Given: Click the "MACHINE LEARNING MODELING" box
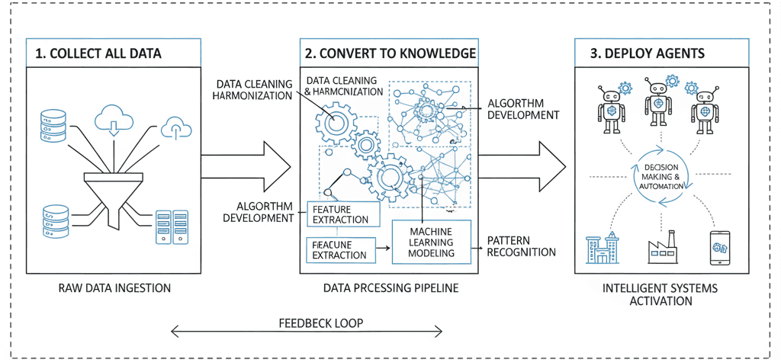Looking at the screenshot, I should pos(431,242).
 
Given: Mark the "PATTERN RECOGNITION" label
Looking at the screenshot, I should pos(522,246).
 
